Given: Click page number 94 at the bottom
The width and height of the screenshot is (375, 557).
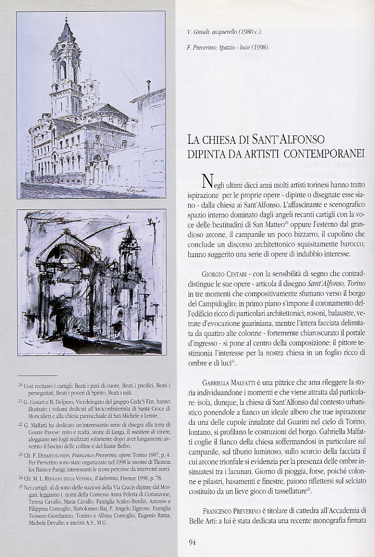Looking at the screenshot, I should click(192, 541).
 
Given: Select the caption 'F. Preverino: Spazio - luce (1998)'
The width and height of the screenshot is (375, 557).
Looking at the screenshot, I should click(228, 48).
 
